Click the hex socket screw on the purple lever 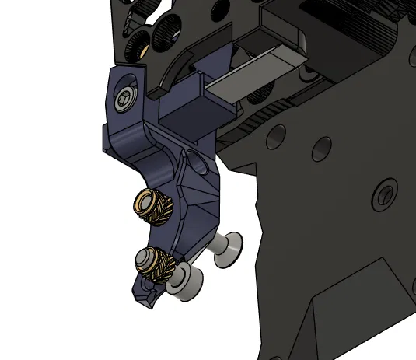click(126, 100)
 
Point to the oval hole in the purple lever click(197, 164)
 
